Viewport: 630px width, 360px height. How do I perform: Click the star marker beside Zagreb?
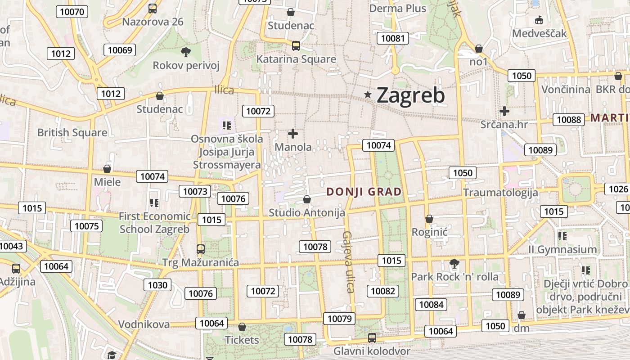[368, 94]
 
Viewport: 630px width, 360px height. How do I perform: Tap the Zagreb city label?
[410, 95]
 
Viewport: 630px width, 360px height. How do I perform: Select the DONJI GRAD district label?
[364, 192]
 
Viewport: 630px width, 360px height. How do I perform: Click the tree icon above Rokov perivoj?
[185, 52]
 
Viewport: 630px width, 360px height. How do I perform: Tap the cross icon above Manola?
[293, 134]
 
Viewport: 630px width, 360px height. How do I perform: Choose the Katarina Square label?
[296, 59]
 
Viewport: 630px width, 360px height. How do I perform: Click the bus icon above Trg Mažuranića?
[201, 249]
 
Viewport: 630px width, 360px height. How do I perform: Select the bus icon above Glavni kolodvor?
[372, 337]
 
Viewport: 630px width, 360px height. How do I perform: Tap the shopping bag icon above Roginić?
[429, 219]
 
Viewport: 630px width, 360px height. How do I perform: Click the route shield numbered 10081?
[393, 38]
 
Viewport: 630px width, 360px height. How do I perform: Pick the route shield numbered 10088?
[569, 119]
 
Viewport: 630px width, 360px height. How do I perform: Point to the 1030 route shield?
[157, 284]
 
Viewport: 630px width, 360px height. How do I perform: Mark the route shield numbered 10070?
[72, 12]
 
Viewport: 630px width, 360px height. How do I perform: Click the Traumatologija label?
[500, 193]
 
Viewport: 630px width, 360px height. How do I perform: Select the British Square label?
[72, 133]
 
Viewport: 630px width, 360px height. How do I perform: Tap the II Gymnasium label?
[562, 249]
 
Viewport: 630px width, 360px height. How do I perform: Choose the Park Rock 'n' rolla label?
[455, 276]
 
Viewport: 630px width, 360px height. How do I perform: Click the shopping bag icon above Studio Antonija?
[307, 199]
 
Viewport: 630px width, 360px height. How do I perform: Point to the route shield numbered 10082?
[383, 291]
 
